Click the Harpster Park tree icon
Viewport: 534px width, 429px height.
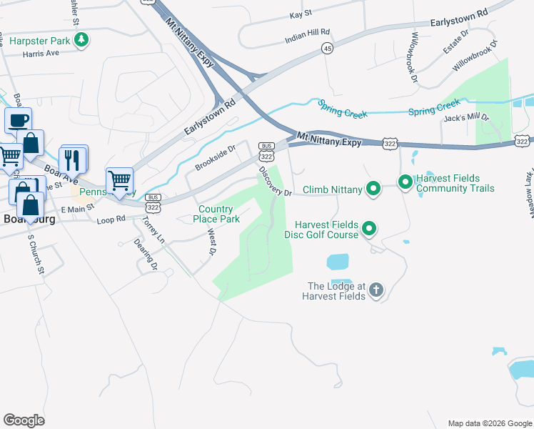(83, 40)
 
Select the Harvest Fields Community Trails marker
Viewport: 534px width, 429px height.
(405, 183)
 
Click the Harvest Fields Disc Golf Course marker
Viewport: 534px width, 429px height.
(369, 229)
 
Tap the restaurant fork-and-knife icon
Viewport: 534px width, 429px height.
(71, 157)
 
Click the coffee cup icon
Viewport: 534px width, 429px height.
(18, 120)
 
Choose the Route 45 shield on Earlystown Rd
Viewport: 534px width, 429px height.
(327, 48)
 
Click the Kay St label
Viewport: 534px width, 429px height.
(301, 14)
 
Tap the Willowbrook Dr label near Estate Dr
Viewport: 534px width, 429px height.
(473, 59)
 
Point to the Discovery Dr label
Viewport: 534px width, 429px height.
(275, 182)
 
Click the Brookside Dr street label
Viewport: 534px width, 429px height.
(215, 158)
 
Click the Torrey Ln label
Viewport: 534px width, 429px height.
(153, 230)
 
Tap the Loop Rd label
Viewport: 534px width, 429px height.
(111, 219)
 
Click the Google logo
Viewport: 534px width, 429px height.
(24, 420)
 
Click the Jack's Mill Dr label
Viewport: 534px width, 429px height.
(466, 118)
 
